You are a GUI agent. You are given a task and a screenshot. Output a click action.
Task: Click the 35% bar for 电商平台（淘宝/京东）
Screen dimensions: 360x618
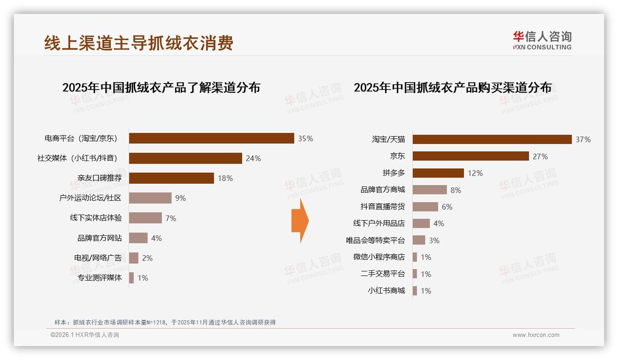click(x=211, y=138)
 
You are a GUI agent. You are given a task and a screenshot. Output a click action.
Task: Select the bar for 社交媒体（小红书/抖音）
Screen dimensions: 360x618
click(x=185, y=158)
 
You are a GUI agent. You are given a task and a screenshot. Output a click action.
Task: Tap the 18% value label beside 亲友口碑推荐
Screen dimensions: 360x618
click(x=225, y=178)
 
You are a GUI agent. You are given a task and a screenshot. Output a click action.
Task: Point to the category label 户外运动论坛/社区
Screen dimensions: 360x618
click(x=90, y=198)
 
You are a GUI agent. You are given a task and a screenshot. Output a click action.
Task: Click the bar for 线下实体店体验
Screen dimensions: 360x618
click(x=145, y=218)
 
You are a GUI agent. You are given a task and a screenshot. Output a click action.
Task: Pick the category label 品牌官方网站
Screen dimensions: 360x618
click(x=100, y=238)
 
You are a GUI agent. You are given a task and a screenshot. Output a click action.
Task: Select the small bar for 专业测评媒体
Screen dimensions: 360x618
click(x=131, y=278)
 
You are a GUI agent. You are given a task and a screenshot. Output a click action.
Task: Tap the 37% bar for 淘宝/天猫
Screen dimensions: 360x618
click(x=492, y=139)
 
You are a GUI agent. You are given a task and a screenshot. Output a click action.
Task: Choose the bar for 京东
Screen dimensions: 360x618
click(x=470, y=156)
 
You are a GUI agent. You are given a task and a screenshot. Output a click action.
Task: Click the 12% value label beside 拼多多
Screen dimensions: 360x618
click(x=475, y=173)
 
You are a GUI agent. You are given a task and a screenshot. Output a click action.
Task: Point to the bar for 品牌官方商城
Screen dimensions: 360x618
click(x=429, y=190)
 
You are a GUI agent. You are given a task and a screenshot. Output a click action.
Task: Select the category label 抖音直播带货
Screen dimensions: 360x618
click(x=382, y=207)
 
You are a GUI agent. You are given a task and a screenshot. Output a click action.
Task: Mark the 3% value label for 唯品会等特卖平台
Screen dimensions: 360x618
click(x=434, y=240)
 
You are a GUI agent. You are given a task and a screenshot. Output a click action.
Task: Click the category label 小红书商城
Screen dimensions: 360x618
click(x=386, y=291)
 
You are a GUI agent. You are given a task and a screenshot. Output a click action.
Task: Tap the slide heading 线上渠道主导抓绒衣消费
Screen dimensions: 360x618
click(x=139, y=43)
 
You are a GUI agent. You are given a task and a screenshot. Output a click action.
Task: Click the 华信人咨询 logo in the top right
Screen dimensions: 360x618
click(x=542, y=40)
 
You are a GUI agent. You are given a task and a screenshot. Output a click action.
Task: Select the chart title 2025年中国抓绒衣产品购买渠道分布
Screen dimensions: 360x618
click(x=452, y=87)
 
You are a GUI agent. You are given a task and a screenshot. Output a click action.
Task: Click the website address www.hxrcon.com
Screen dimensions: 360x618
click(x=536, y=335)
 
